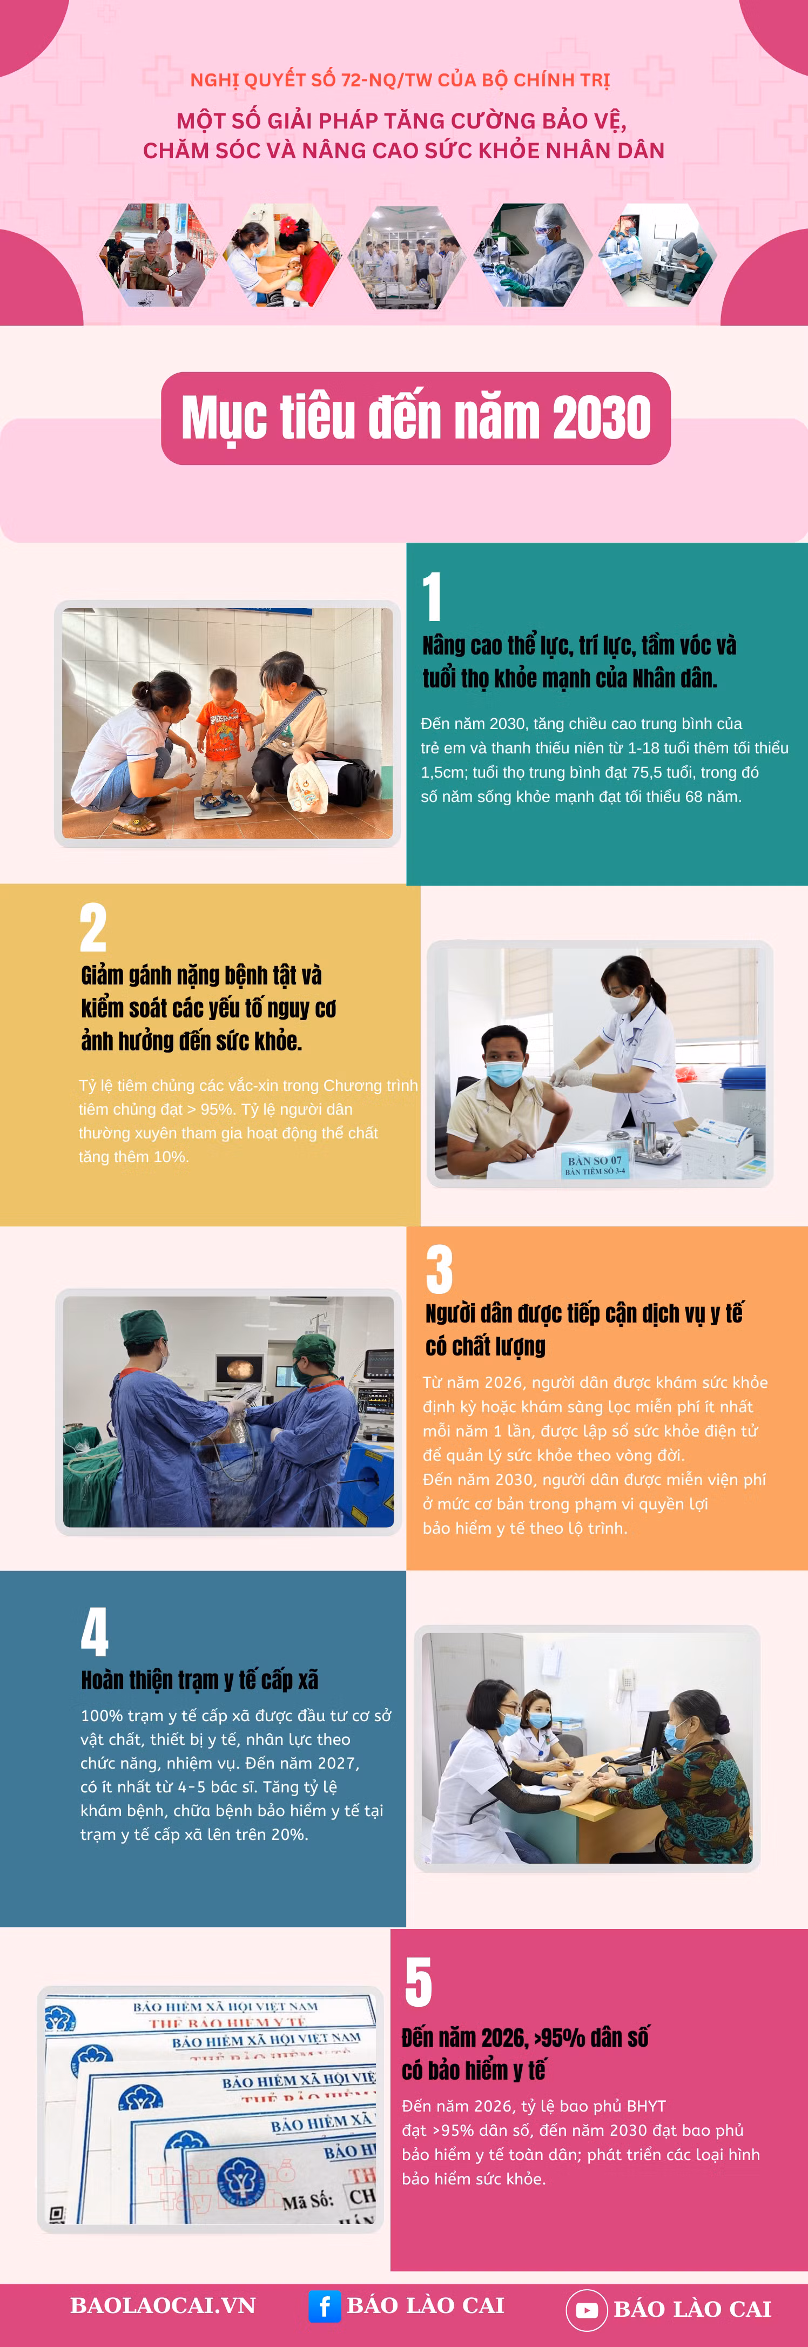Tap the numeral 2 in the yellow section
click(x=93, y=927)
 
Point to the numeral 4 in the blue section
click(x=95, y=1631)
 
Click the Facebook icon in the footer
click(x=324, y=2306)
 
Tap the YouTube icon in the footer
click(x=587, y=2310)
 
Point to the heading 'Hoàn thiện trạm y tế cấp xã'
click(x=199, y=1679)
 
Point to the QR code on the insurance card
click(x=57, y=2214)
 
